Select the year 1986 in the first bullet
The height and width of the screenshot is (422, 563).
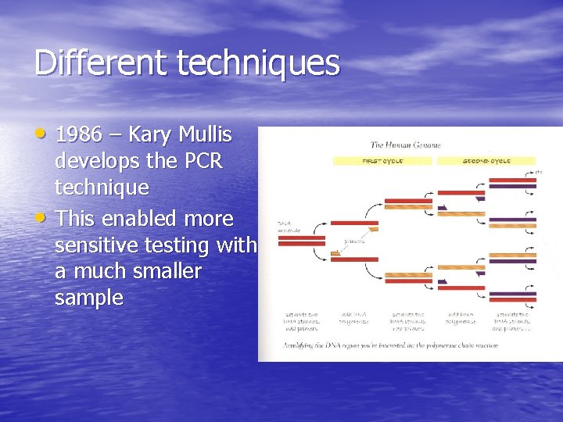pos(79,134)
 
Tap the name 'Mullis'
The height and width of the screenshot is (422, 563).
pos(205,134)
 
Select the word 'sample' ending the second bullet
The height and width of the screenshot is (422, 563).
pos(89,298)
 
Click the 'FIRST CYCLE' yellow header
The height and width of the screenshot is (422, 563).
pos(382,161)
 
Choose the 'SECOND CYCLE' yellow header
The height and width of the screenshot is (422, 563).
pos(486,161)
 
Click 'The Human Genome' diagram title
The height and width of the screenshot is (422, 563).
pos(405,145)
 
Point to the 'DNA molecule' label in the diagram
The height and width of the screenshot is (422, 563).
pos(287,227)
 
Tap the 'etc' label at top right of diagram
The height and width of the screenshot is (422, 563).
pos(539,171)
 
